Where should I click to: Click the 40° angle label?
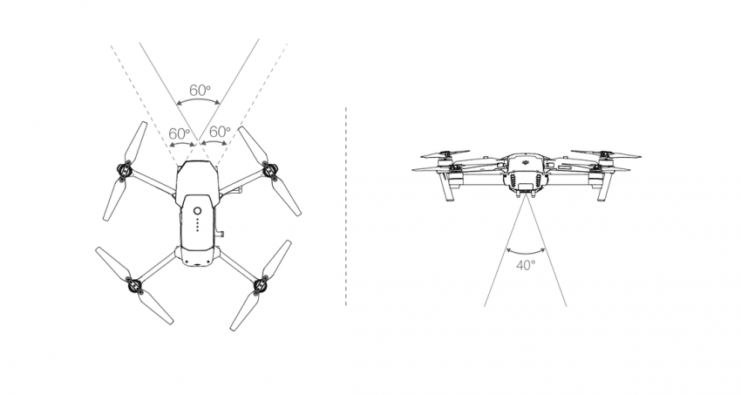526,266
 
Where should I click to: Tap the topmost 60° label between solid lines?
200,90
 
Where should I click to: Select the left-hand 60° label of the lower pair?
180,133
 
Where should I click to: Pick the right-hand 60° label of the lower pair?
220,132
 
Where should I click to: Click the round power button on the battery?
198,211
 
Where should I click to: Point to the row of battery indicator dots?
198,224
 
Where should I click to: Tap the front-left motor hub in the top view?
124,172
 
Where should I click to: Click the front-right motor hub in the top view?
270,170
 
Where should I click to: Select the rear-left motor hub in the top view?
134,286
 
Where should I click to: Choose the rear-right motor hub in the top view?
261,286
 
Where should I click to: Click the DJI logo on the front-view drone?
526,162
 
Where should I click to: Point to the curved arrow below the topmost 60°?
198,99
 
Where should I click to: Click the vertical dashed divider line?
346,206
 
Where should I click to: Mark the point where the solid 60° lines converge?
198,141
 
